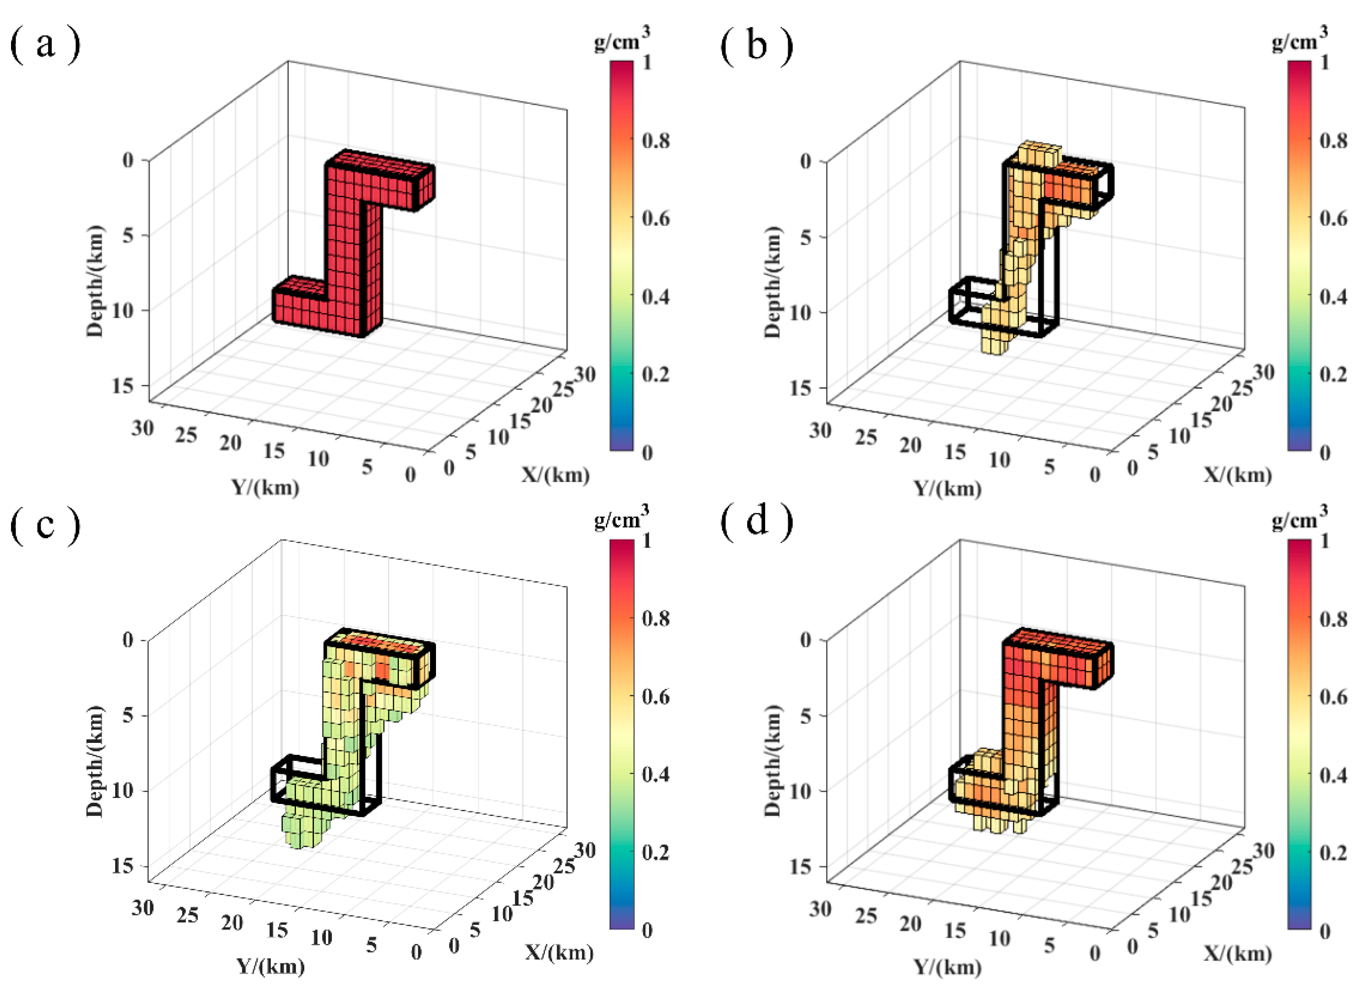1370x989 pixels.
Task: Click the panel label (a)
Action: click(45, 46)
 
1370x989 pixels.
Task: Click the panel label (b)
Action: click(756, 46)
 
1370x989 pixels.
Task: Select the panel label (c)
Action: click(45, 525)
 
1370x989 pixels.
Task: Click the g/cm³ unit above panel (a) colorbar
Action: click(622, 41)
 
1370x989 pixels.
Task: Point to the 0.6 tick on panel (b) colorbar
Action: click(1333, 218)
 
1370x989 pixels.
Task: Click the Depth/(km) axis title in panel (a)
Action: click(95, 281)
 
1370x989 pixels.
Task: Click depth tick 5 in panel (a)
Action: click(128, 235)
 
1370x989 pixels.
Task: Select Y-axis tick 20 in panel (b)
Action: click(910, 445)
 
